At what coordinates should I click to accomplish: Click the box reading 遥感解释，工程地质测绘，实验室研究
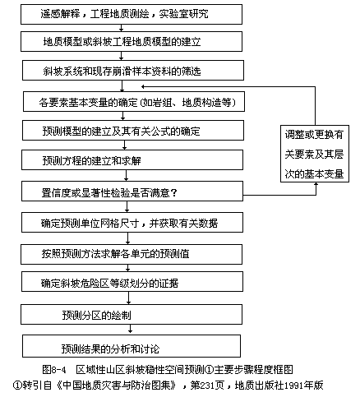[132, 14]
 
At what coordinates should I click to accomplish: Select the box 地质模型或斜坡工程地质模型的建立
[132, 41]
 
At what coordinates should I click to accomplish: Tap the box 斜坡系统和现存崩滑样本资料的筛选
[133, 71]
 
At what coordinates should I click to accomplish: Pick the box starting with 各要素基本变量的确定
[134, 102]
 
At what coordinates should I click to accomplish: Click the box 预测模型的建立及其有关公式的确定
[133, 131]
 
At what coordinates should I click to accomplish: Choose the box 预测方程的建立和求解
[132, 159]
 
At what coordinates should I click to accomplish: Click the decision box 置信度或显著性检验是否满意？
[132, 192]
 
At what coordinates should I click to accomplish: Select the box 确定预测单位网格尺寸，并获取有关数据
[132, 223]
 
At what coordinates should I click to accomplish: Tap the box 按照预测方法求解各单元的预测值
[132, 254]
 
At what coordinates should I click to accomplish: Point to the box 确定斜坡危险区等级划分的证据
[132, 282]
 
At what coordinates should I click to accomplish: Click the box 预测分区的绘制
[132, 315]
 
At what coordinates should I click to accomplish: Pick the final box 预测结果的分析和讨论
[132, 346]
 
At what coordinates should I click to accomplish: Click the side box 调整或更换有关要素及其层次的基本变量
[315, 154]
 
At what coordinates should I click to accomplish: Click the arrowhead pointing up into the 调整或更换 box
[316, 184]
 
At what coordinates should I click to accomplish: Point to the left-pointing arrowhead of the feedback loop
[143, 87]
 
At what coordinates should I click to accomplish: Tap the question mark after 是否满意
[173, 193]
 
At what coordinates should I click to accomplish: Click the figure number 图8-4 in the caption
[54, 370]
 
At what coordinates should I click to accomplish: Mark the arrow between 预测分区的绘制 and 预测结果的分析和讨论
[131, 329]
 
